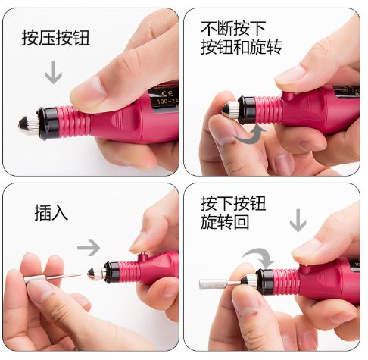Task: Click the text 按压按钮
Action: [55, 38]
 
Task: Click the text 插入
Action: [51, 213]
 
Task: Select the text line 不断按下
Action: [233, 29]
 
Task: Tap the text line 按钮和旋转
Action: [242, 47]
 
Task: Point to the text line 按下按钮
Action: [233, 203]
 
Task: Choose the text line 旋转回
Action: [225, 222]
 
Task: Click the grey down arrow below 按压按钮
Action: [54, 72]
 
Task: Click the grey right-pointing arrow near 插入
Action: [89, 247]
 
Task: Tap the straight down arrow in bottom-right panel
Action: [298, 220]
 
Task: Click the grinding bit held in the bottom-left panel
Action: [52, 277]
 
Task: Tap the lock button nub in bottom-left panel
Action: [143, 257]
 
